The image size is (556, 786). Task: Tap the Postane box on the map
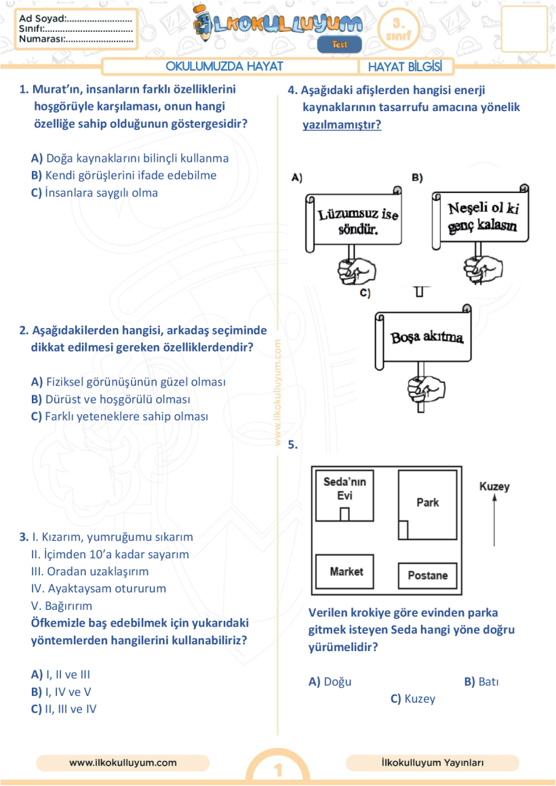[x=427, y=575]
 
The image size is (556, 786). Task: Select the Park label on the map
[x=427, y=502]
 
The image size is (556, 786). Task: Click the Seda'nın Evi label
[x=344, y=488]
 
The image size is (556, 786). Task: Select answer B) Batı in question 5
[x=481, y=682]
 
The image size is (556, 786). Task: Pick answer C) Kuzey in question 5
[x=413, y=699]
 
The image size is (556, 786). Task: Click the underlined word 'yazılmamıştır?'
[x=342, y=125]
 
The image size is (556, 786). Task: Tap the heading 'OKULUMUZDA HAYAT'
[x=224, y=66]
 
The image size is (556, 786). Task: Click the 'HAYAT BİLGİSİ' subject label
[x=405, y=66]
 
